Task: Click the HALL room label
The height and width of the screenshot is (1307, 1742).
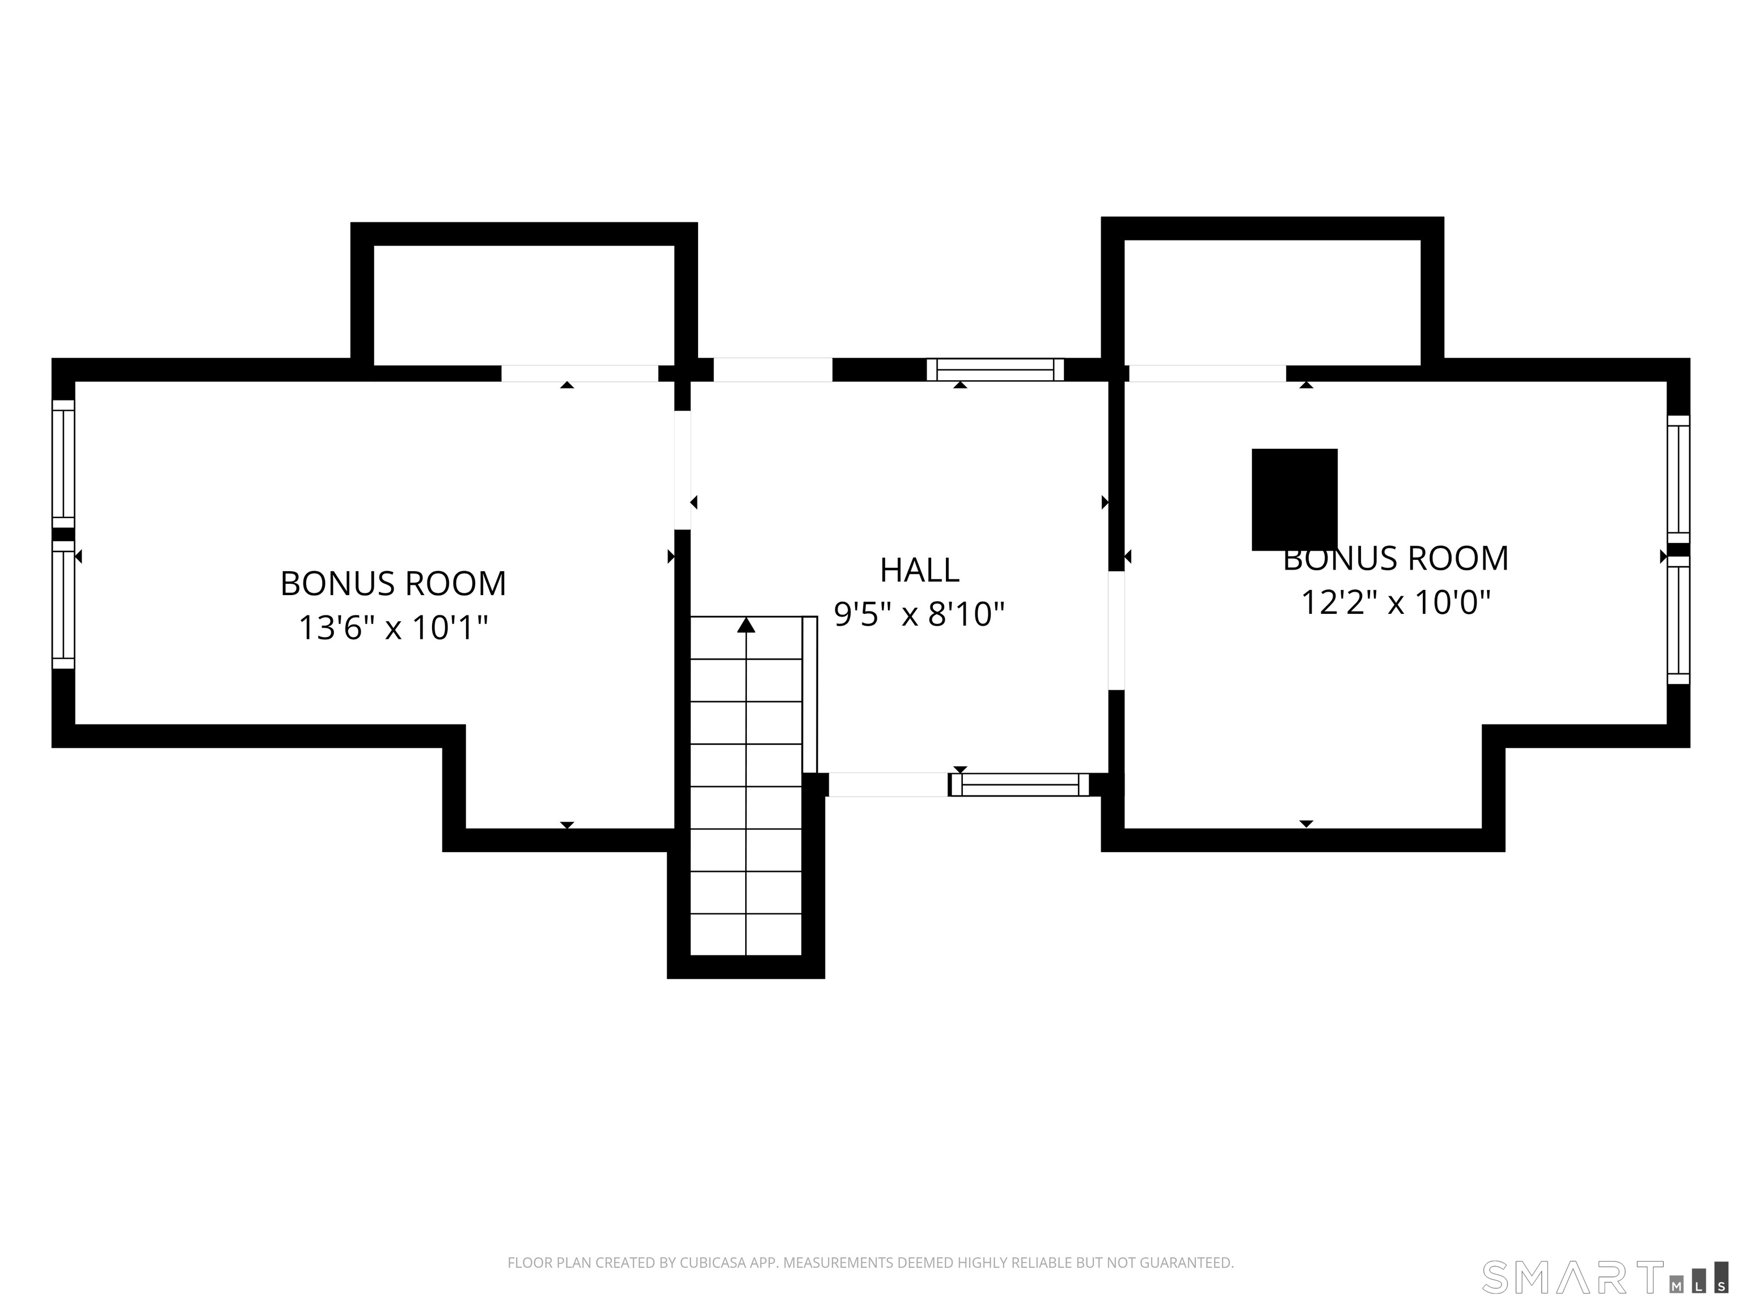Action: (x=919, y=570)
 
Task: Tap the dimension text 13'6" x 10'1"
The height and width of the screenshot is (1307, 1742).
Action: (x=393, y=628)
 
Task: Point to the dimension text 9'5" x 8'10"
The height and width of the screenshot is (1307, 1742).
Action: (x=919, y=614)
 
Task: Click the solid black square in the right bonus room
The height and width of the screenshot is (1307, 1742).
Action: (x=1295, y=499)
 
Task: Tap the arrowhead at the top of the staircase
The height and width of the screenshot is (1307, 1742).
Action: (x=746, y=625)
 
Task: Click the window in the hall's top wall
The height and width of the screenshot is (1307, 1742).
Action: (x=995, y=369)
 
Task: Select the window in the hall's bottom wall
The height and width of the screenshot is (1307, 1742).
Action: (x=1020, y=785)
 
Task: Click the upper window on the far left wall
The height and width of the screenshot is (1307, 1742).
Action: (x=63, y=464)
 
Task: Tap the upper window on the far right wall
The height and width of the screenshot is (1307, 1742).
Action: (x=1678, y=479)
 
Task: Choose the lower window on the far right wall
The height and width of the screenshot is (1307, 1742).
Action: (x=1678, y=620)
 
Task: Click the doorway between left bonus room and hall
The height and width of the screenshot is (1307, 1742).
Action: (x=683, y=470)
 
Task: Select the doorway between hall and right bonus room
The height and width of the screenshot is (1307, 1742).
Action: (x=1116, y=630)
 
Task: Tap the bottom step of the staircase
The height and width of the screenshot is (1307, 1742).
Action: (x=746, y=934)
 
